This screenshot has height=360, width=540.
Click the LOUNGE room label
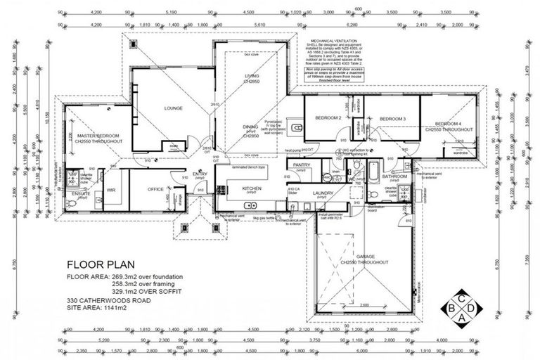pyautogui.click(x=173, y=108)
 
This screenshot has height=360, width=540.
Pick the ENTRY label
pyautogui.click(x=200, y=174)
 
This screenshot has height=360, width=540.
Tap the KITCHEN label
pyautogui.click(x=252, y=188)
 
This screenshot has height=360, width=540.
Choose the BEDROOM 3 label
pyautogui.click(x=393, y=119)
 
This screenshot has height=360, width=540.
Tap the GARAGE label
pyautogui.click(x=364, y=258)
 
